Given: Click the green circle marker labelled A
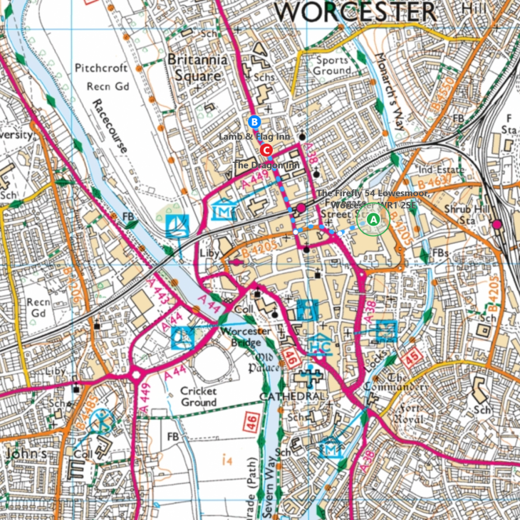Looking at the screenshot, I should click(x=372, y=222).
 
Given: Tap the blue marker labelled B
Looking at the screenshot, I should click(x=254, y=121).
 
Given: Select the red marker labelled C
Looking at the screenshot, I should click(x=266, y=150).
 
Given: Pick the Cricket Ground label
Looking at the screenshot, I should click(x=197, y=396).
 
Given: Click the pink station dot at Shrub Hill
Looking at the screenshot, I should click(x=496, y=224).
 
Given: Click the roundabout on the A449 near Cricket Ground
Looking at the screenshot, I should click(x=135, y=373).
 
